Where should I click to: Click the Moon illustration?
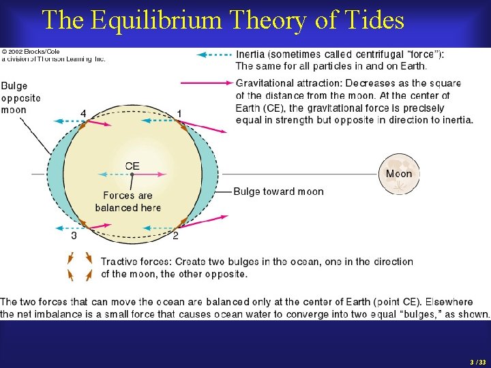(399, 174)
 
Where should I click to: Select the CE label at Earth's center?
(132, 166)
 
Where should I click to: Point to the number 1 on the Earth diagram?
(179, 113)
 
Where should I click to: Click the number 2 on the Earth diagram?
(175, 236)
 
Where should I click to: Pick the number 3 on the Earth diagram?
(74, 236)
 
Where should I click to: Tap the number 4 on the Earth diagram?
(83, 113)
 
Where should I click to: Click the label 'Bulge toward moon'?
(278, 191)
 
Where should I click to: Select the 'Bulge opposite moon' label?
(20, 97)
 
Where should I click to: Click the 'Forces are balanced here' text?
(128, 202)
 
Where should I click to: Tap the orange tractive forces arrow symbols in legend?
(80, 266)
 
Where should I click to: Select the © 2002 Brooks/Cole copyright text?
(31, 52)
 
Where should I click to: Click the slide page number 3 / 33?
(477, 361)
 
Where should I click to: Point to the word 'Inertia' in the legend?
(252, 55)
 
